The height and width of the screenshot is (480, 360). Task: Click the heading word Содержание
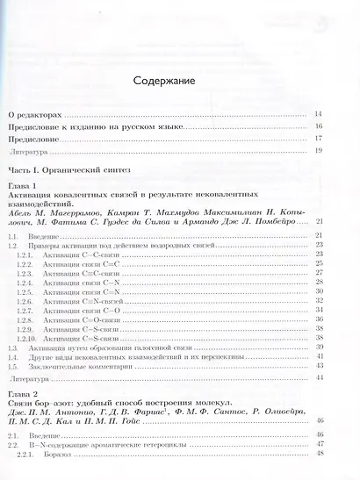click(x=163, y=81)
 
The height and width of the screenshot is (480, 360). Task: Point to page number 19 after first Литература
click(x=319, y=151)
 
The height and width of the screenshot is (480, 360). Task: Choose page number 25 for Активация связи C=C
click(x=320, y=263)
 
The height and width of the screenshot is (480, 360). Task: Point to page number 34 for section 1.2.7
click(x=320, y=310)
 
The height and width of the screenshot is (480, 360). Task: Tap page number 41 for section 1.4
click(x=320, y=356)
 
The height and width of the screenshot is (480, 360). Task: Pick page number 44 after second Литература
click(x=320, y=378)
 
